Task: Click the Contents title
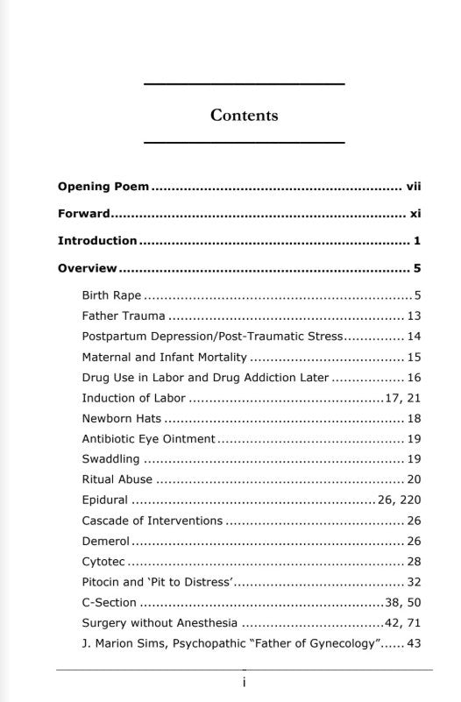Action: coord(244,115)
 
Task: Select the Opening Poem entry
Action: coord(103,187)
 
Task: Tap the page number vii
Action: coord(415,187)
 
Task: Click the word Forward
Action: coord(83,214)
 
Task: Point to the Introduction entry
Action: coord(97,241)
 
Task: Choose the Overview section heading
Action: coord(87,268)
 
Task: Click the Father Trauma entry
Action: coord(123,316)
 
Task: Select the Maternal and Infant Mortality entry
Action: coord(165,358)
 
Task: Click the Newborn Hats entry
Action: coord(122,419)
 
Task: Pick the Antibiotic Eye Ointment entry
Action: coord(148,438)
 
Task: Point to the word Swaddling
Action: coord(110,459)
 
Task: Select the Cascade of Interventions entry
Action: coord(152,521)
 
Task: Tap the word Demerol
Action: coord(105,542)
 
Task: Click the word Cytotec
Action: coord(103,562)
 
